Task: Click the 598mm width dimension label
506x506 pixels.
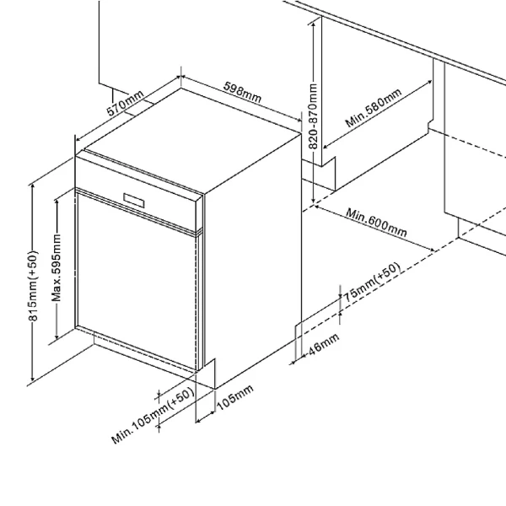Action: [242, 92]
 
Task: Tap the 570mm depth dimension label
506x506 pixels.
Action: [125, 103]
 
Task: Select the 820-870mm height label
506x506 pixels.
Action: [313, 116]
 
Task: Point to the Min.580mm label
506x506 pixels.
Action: [374, 107]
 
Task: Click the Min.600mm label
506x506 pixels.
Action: [376, 223]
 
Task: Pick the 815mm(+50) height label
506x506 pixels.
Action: [33, 286]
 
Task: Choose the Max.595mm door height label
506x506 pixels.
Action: [57, 268]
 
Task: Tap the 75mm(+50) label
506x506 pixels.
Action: [372, 283]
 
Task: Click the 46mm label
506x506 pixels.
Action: [324, 344]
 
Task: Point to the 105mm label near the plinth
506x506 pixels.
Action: [235, 398]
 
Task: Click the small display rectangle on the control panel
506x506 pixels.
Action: [134, 201]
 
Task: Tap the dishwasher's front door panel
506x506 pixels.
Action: [136, 280]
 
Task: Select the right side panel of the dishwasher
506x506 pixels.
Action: [253, 258]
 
